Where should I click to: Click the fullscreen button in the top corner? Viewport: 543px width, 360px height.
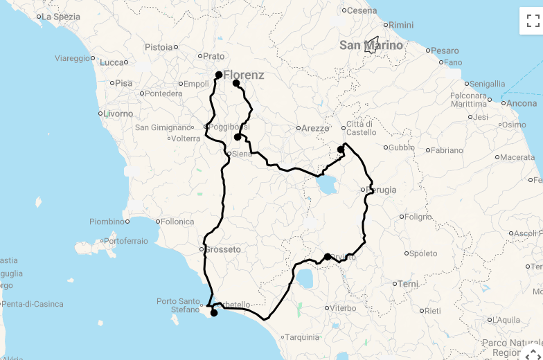pyautogui.click(x=531, y=21)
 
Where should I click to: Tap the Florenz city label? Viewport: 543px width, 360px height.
pyautogui.click(x=243, y=75)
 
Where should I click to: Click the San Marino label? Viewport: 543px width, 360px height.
pyautogui.click(x=371, y=46)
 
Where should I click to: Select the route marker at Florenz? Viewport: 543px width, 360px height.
pyautogui.click(x=218, y=75)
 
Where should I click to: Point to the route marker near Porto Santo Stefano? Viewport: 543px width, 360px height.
pyautogui.click(x=214, y=313)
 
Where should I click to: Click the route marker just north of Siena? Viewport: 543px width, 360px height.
pyautogui.click(x=238, y=137)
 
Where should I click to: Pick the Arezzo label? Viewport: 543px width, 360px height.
pyautogui.click(x=315, y=128)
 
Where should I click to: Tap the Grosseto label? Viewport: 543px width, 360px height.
pyautogui.click(x=223, y=249)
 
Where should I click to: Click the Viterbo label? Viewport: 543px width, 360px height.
pyautogui.click(x=342, y=308)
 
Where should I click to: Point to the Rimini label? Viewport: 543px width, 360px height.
pyautogui.click(x=400, y=25)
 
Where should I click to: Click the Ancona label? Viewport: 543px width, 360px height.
pyautogui.click(x=521, y=104)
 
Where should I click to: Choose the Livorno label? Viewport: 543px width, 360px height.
pyautogui.click(x=120, y=114)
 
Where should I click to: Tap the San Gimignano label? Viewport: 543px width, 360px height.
pyautogui.click(x=162, y=127)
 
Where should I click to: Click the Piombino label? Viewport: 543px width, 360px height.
pyautogui.click(x=107, y=222)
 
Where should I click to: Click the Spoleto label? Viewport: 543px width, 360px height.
pyautogui.click(x=423, y=253)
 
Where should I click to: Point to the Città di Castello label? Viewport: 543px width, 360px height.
pyautogui.click(x=365, y=128)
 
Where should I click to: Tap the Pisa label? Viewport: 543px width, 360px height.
pyautogui.click(x=123, y=83)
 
